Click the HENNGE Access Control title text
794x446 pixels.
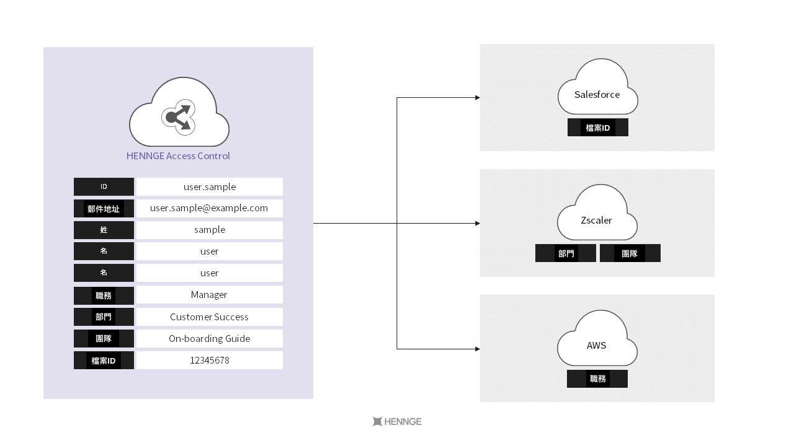178,156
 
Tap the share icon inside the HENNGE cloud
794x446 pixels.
179,117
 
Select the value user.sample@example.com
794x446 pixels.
209,208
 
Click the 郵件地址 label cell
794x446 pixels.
104,209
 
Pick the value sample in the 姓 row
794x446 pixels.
210,230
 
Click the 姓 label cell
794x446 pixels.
104,230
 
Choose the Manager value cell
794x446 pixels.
209,295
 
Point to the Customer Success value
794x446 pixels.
209,317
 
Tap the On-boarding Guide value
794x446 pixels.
209,339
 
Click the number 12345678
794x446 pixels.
209,361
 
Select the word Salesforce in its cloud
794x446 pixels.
597,95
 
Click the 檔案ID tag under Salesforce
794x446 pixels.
598,128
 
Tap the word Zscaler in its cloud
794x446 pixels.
597,221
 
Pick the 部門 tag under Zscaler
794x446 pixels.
566,253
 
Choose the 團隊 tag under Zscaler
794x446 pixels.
630,253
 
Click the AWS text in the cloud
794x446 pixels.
597,346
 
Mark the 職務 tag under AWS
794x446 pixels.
597,379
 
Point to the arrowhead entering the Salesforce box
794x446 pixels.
477,98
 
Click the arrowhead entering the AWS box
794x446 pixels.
477,349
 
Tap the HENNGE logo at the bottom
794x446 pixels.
397,422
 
